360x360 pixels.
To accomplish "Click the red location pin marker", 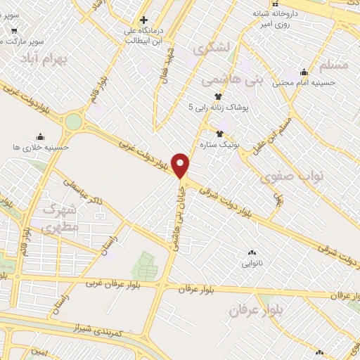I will tap(181, 165).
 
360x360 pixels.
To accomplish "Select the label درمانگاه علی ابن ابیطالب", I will tap(144, 34).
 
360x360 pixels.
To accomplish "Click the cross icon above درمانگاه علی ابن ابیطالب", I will tap(143, 20).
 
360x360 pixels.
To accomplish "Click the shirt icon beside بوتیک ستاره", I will tap(219, 133).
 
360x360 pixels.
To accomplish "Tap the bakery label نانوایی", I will tap(252, 264).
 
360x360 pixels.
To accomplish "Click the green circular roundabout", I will tap(73, 122).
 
